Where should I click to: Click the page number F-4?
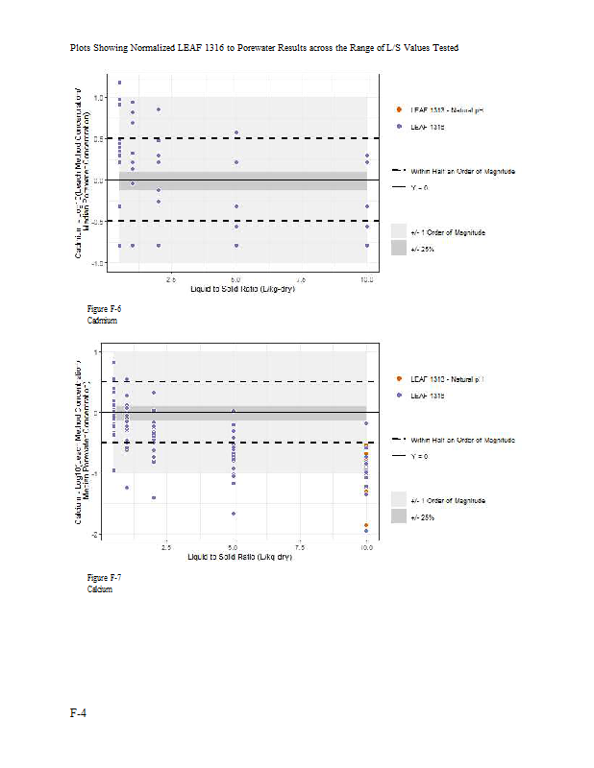[78, 712]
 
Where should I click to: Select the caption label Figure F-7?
[104, 578]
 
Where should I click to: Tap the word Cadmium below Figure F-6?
[102, 321]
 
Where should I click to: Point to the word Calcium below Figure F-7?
[100, 589]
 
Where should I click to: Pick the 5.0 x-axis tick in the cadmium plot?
[236, 279]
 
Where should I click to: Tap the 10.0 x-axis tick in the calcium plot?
[367, 547]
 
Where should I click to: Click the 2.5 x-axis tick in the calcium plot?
[166, 547]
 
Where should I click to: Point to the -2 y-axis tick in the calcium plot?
[95, 534]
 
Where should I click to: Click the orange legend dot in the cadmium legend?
[398, 110]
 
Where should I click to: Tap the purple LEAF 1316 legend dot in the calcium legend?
[398, 396]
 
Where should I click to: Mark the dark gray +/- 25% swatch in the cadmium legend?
[398, 248]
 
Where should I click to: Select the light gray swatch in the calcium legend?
[398, 500]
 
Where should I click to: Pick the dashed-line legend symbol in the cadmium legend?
[398, 171]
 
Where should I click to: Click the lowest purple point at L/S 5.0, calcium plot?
[234, 514]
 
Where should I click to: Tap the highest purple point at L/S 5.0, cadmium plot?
[236, 132]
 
